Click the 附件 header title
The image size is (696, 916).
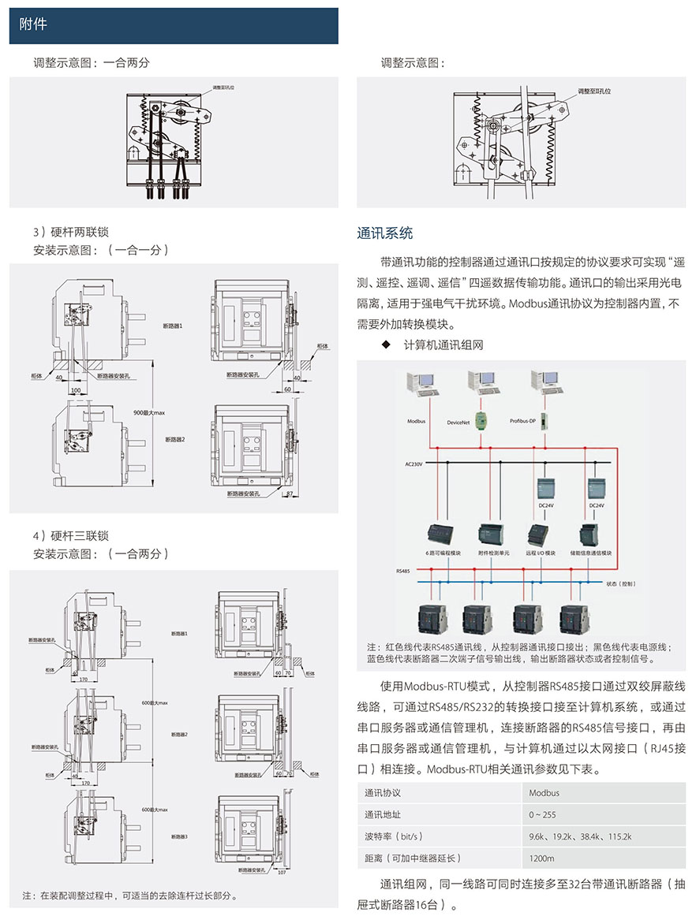[x=33, y=24]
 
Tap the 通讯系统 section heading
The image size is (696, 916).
[x=384, y=233]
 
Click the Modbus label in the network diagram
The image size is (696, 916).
[x=416, y=421]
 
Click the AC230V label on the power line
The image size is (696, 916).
[x=414, y=465]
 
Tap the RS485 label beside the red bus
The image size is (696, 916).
[x=403, y=568]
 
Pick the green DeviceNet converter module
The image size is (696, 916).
[x=479, y=418]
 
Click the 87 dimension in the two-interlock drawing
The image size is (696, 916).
[x=290, y=493]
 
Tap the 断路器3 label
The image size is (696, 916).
[x=179, y=836]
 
